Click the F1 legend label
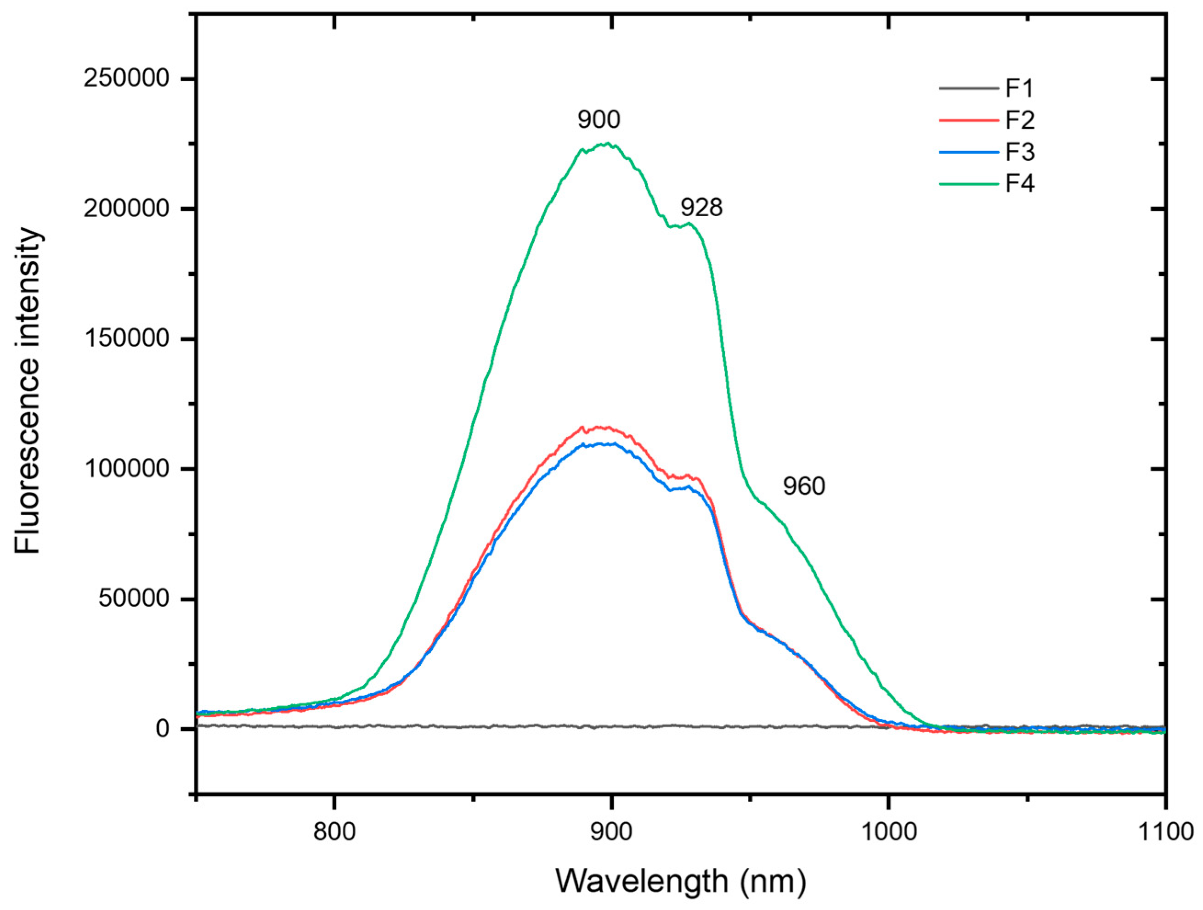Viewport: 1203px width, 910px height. pos(1019,88)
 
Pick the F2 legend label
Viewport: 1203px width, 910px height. pos(1020,120)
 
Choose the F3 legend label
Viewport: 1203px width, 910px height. pos(1020,152)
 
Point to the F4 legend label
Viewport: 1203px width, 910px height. pos(1020,184)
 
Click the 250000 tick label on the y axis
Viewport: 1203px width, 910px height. pos(126,79)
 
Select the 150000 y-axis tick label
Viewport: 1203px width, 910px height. pos(126,339)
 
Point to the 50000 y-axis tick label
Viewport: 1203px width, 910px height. pos(134,599)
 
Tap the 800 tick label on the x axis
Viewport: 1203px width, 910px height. pos(334,832)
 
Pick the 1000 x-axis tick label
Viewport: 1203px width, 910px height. pos(888,832)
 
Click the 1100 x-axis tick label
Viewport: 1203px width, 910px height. pos(1164,832)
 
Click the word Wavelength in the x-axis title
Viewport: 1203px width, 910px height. pos(642,881)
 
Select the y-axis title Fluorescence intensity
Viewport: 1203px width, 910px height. pos(27,391)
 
